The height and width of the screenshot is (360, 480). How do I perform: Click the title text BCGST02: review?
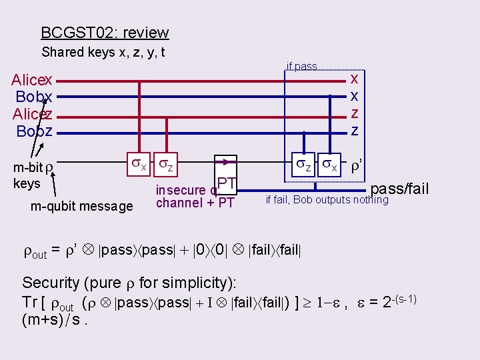105,33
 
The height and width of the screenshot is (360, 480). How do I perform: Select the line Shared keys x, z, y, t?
103,52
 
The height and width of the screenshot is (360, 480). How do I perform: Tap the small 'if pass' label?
301,67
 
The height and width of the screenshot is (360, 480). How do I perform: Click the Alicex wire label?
32,81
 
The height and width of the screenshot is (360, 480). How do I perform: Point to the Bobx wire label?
34,97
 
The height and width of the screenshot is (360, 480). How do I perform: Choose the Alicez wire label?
33,114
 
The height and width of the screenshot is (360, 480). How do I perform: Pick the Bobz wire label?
35,131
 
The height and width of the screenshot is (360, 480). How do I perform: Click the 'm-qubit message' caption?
82,207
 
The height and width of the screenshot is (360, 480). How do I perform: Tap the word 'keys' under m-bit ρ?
27,183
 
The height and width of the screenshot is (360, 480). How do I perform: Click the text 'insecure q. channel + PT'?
194,197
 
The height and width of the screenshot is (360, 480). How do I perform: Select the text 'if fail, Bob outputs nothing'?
327,200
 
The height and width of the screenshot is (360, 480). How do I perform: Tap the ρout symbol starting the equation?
35,254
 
